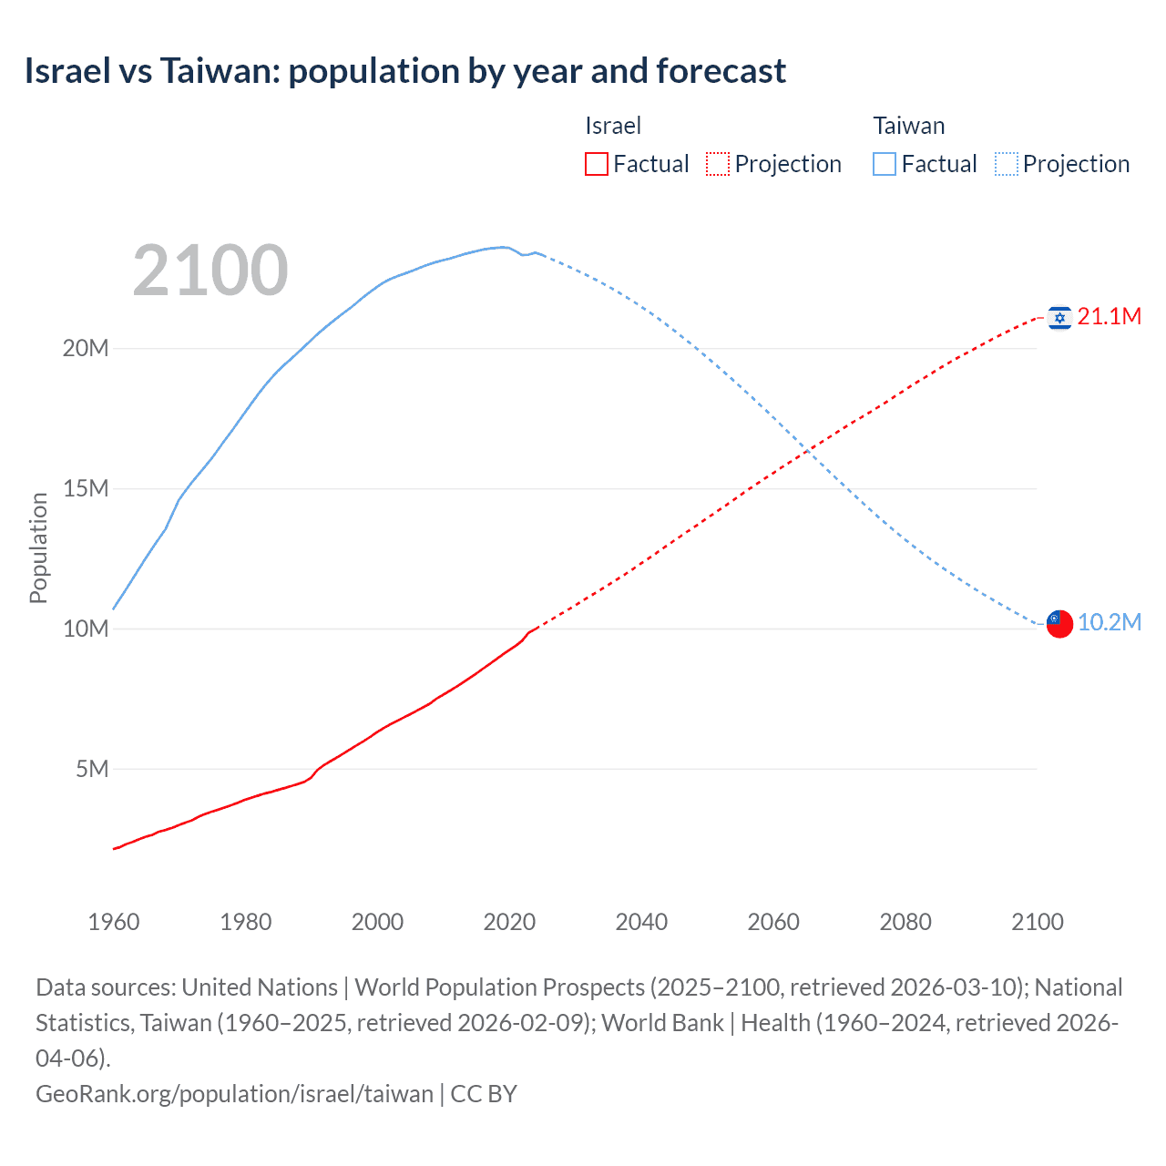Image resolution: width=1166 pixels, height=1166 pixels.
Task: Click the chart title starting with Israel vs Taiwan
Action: (x=404, y=71)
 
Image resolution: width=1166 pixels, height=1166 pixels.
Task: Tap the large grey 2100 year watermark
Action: (x=210, y=271)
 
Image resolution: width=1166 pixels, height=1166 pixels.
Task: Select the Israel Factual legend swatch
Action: (x=596, y=164)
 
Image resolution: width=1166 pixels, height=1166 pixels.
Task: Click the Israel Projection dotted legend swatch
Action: (x=718, y=164)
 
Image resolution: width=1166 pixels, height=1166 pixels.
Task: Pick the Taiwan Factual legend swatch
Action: (x=885, y=164)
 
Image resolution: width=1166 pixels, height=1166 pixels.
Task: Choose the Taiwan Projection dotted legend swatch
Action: (x=1006, y=164)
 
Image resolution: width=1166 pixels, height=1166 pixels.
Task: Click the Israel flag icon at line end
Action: (x=1059, y=317)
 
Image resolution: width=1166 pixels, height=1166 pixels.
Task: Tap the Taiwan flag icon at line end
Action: (x=1059, y=623)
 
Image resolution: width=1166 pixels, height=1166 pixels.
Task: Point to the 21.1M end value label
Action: (x=1109, y=317)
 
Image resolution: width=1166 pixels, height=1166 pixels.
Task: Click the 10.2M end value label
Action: (x=1109, y=623)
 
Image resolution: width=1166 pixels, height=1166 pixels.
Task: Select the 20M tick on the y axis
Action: (x=86, y=348)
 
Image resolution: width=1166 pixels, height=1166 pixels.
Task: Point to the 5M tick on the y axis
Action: (x=92, y=770)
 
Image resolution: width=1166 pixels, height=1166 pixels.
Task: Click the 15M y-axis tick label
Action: (x=86, y=489)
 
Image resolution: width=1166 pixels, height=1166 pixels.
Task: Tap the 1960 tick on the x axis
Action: (x=114, y=922)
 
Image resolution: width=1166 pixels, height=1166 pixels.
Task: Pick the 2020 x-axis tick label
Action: (x=509, y=922)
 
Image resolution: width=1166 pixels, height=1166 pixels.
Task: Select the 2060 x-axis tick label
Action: (x=773, y=922)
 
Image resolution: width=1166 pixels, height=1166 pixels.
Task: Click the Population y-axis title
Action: (x=38, y=547)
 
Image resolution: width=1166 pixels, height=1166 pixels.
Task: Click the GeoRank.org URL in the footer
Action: (x=234, y=1093)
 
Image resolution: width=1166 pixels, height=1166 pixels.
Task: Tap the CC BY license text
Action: (x=484, y=1093)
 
